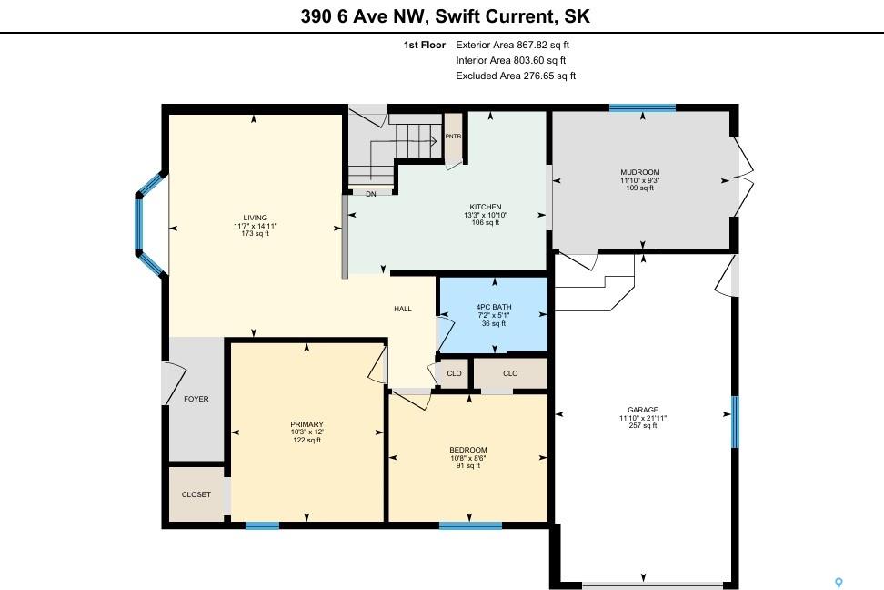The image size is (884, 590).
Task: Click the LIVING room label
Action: pos(256,218)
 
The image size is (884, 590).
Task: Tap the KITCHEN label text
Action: pos(486,207)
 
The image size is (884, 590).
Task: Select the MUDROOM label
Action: pos(640,172)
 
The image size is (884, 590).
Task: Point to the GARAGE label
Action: pos(643,410)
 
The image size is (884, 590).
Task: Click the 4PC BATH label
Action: pos(494,307)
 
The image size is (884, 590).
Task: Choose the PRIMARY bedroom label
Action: pos(306,424)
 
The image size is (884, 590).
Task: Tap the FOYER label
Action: pos(196,399)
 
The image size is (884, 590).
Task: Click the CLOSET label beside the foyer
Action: pos(196,494)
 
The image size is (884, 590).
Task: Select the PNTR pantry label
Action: pos(453,136)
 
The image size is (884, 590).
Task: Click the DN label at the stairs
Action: pos(371,194)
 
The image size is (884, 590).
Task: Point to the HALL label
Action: pos(403,309)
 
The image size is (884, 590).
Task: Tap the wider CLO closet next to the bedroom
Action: pos(510,373)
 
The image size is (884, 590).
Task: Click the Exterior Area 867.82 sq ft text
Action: pos(512,45)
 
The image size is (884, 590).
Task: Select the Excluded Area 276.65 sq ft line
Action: pos(516,76)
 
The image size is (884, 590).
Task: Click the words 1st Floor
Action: pos(425,45)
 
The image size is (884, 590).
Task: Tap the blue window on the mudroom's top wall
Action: pos(642,107)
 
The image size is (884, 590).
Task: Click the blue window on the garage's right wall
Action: pos(735,422)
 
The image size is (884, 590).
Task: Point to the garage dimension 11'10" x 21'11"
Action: pos(643,418)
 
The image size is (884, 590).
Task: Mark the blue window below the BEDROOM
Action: pos(470,525)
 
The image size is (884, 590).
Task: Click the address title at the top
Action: pos(446,15)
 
